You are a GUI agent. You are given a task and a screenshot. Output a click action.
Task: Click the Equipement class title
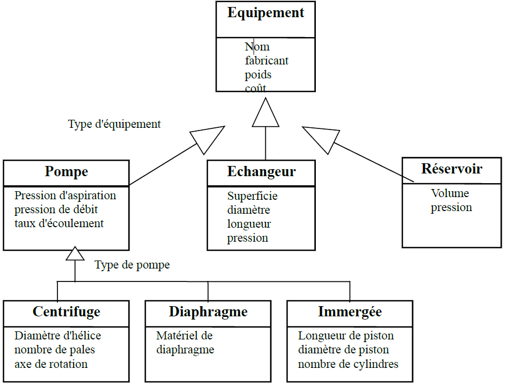[265, 13]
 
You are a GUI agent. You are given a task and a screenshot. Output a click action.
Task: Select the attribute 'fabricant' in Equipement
[266, 61]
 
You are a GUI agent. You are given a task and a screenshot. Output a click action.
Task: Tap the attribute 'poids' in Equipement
[258, 75]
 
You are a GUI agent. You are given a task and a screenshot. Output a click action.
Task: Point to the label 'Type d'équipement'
[114, 124]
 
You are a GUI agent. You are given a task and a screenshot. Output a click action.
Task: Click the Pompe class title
[66, 172]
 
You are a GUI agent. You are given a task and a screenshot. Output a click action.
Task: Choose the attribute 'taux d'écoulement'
[59, 223]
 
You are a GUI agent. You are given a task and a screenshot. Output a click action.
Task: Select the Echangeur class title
[261, 172]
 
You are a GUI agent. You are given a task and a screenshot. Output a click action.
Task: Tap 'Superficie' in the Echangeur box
[252, 196]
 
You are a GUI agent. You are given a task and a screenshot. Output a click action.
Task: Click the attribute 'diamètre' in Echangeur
[248, 210]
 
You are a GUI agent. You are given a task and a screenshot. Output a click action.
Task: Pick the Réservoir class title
[452, 169]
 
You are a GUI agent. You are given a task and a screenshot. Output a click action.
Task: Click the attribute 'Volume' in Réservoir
[450, 193]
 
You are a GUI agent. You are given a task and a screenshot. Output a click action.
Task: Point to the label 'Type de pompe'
[132, 265]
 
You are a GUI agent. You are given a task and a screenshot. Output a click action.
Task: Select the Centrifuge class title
[66, 312]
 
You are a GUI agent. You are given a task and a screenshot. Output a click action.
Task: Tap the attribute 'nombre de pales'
[55, 350]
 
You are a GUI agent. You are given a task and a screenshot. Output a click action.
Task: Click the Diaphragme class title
[208, 312]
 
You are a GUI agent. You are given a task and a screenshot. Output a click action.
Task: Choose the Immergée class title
[350, 312]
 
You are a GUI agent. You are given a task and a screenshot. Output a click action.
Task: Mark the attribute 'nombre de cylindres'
[348, 364]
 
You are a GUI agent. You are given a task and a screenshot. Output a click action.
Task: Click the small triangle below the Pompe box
[75, 254]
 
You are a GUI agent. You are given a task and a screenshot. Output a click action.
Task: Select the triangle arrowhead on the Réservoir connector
[319, 139]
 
